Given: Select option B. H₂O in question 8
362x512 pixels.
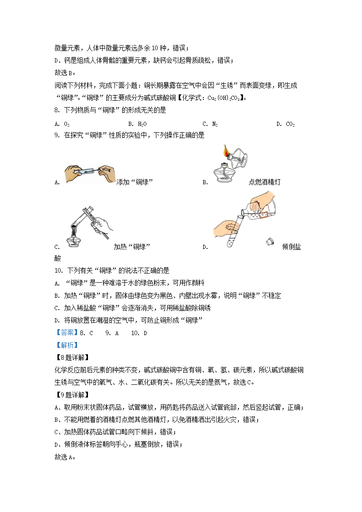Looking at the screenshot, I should click(x=137, y=124).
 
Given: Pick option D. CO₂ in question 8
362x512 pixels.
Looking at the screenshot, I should click(x=285, y=124).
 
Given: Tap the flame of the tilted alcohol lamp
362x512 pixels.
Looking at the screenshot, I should click(x=226, y=150).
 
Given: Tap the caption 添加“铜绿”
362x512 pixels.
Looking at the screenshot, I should click(x=134, y=182).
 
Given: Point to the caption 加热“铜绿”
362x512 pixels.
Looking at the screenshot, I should click(x=132, y=247).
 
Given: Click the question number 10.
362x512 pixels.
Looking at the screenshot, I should click(x=58, y=271).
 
